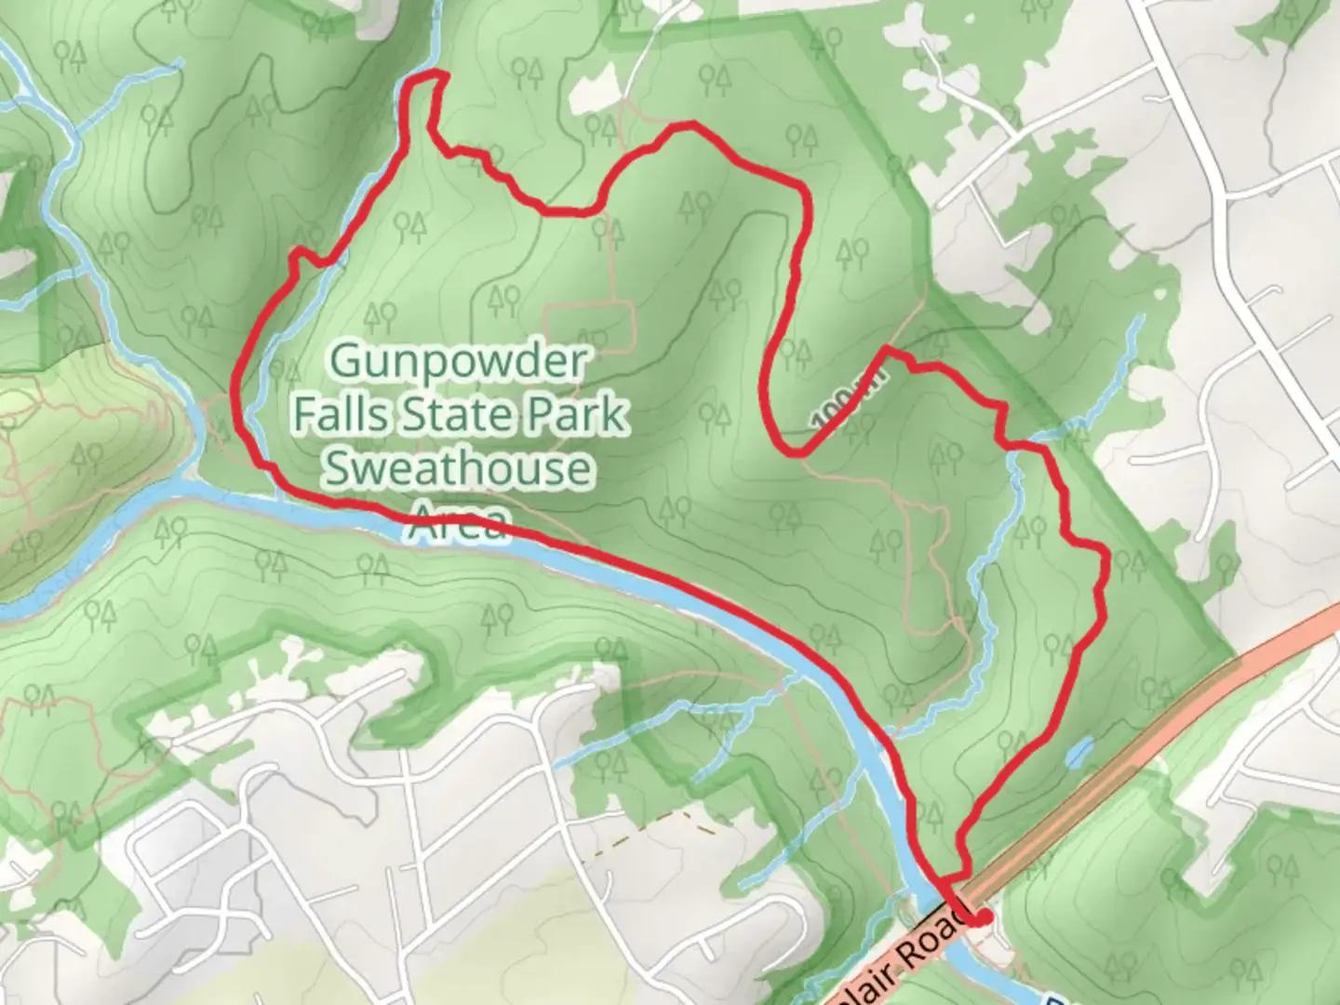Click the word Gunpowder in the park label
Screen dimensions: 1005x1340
pyautogui.click(x=459, y=361)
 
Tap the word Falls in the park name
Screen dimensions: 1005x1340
pyautogui.click(x=341, y=414)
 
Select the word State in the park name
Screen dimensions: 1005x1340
pyautogui.click(x=459, y=414)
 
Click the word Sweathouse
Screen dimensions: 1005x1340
pyautogui.click(x=457, y=467)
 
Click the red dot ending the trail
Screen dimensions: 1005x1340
pyautogui.click(x=982, y=918)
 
